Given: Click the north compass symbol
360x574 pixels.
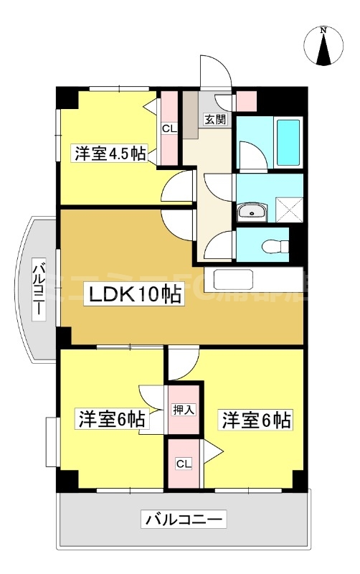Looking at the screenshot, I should pos(323,45).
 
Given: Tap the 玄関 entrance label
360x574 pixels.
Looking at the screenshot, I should pos(215,120).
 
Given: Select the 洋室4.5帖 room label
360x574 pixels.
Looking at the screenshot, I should pos(109,154).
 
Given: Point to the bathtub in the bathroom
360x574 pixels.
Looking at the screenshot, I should pos(288,143).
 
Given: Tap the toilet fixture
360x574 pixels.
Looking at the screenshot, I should pos(274,247).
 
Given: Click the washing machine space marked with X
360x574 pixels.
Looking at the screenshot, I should pos(289,210).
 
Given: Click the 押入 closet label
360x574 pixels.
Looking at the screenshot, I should pos(184,410).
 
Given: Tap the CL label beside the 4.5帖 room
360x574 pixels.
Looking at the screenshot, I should pos(169,129).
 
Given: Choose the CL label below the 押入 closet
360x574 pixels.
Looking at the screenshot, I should pos(184,463).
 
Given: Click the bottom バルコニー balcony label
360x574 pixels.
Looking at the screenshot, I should pos(185,519).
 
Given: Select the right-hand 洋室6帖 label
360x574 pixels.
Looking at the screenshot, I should pos(256,420).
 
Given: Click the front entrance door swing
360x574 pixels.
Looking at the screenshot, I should pos(215,72).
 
